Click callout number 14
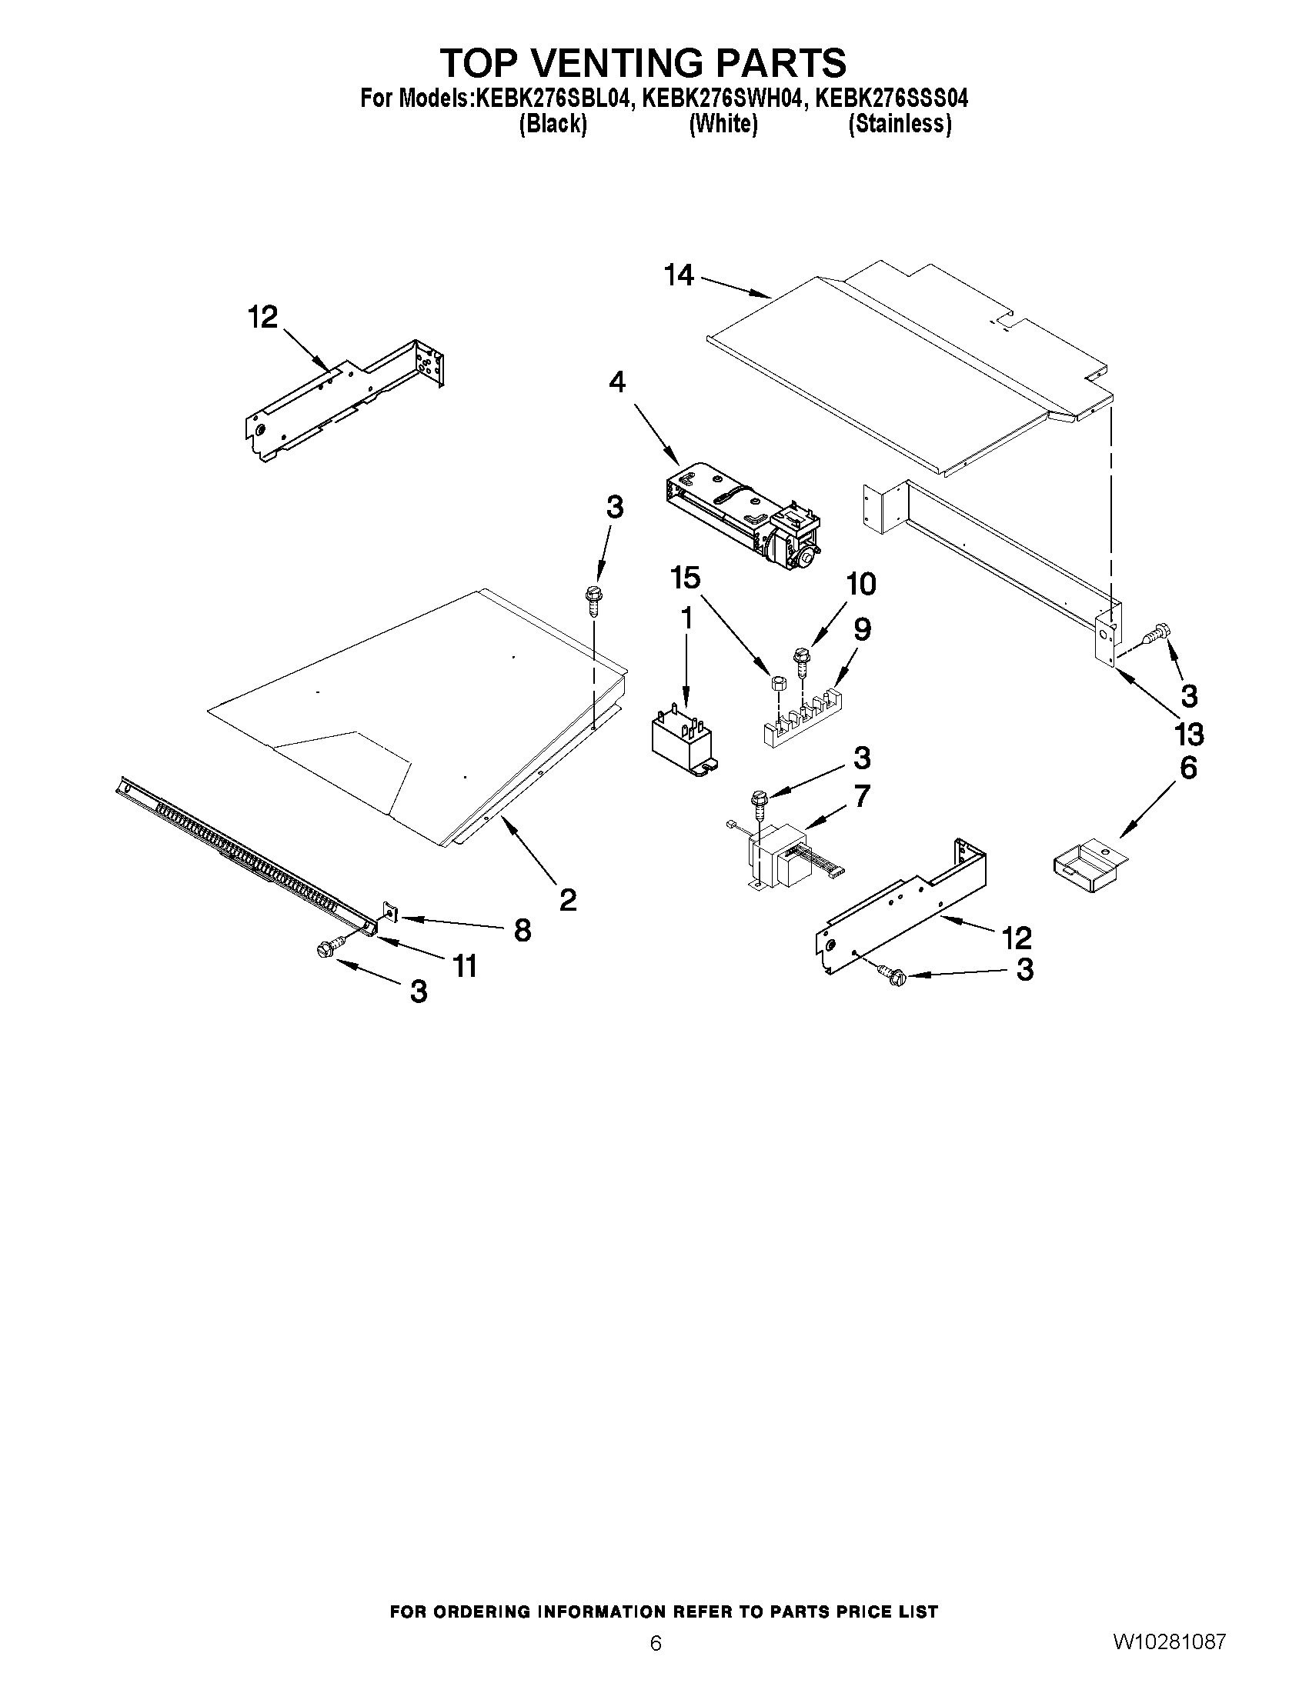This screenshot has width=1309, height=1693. click(680, 275)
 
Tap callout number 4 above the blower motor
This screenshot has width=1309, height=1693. click(617, 382)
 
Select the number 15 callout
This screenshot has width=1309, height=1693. click(686, 578)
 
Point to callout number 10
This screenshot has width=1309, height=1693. click(861, 583)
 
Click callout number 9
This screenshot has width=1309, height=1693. click(862, 628)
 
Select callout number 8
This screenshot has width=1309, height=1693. click(523, 929)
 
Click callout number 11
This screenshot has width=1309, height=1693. click(465, 965)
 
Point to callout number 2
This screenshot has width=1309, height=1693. click(568, 899)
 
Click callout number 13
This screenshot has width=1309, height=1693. click(1189, 732)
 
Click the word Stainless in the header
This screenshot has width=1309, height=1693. click(900, 124)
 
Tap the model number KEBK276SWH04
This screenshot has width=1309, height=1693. click(720, 99)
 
